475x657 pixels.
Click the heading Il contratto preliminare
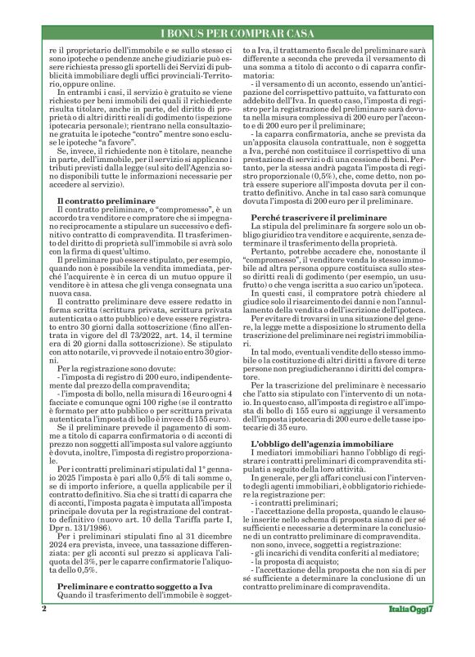click(103, 200)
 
